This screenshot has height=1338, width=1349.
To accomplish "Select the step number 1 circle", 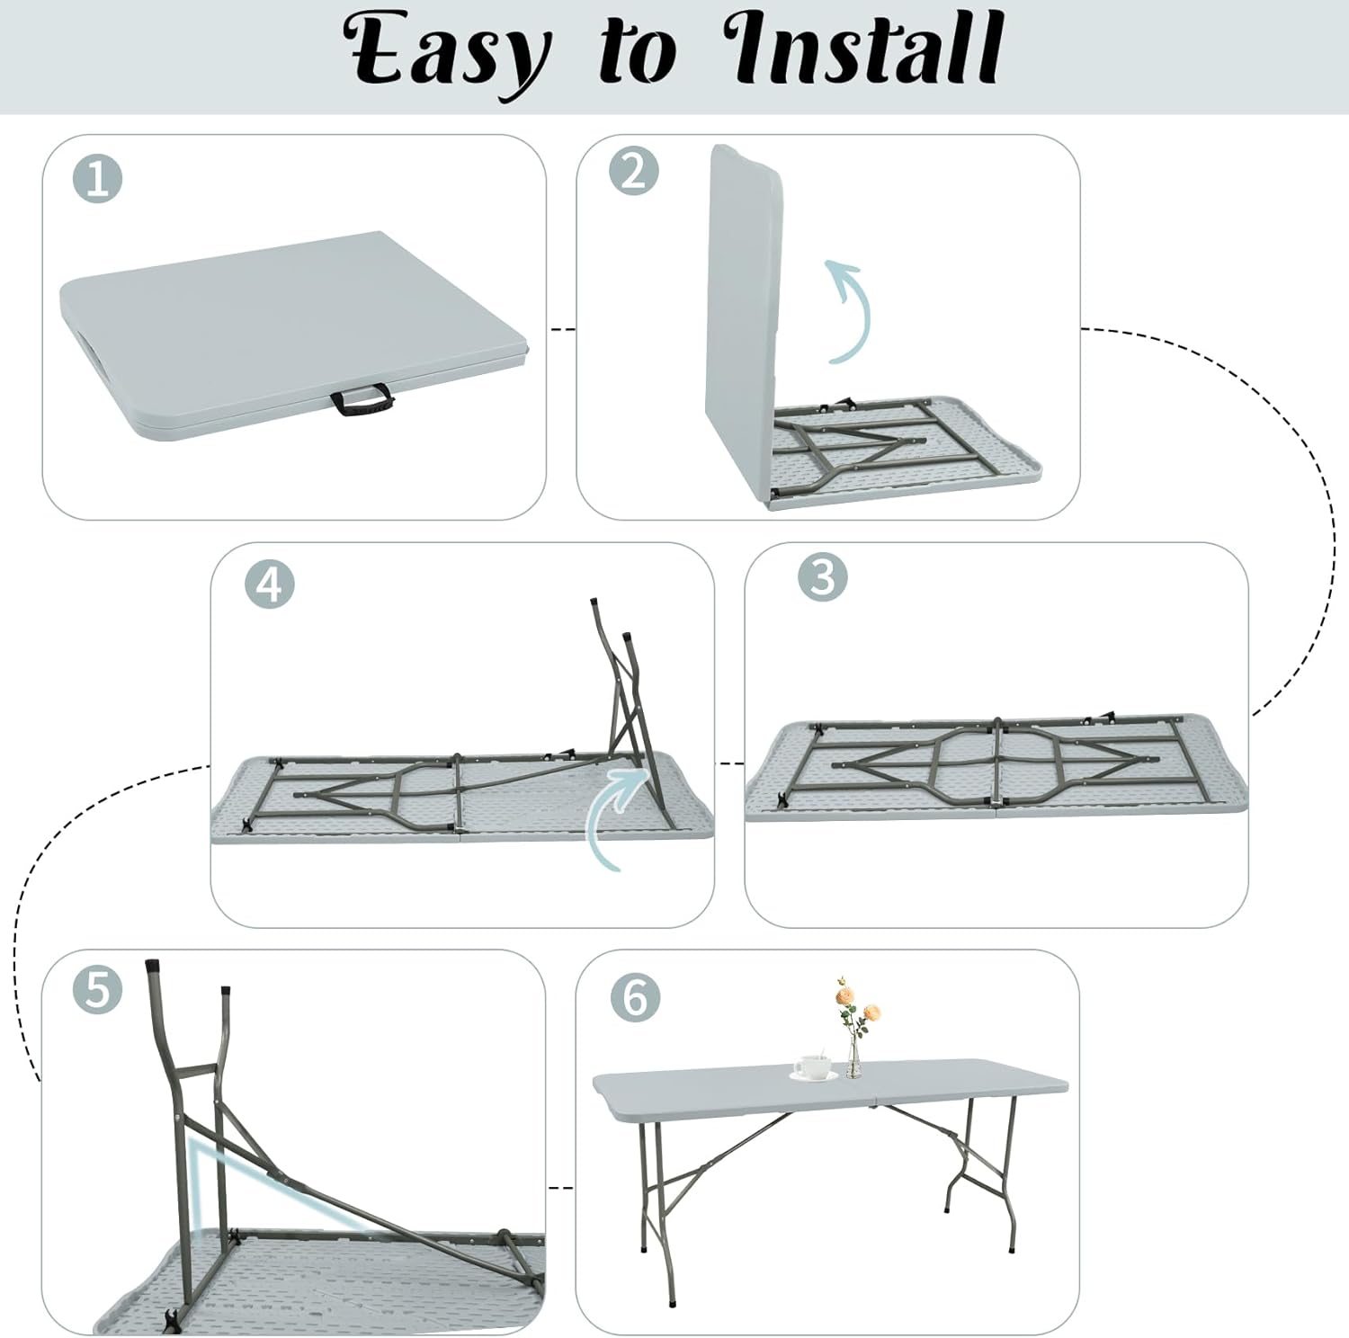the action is (97, 178).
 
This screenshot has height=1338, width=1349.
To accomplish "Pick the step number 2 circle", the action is (633, 169).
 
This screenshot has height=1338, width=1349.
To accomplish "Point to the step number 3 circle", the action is (823, 575).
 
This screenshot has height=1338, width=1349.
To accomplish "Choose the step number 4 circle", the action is (269, 584).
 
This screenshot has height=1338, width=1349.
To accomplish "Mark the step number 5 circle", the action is (97, 989).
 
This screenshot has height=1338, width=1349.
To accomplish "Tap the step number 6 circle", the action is (634, 996).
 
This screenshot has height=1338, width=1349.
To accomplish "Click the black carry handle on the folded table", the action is (360, 400).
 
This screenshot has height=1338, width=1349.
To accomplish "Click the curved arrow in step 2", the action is (853, 310).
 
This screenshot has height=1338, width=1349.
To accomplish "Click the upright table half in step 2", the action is (743, 319).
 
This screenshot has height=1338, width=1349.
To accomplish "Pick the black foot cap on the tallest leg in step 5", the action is (154, 970).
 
